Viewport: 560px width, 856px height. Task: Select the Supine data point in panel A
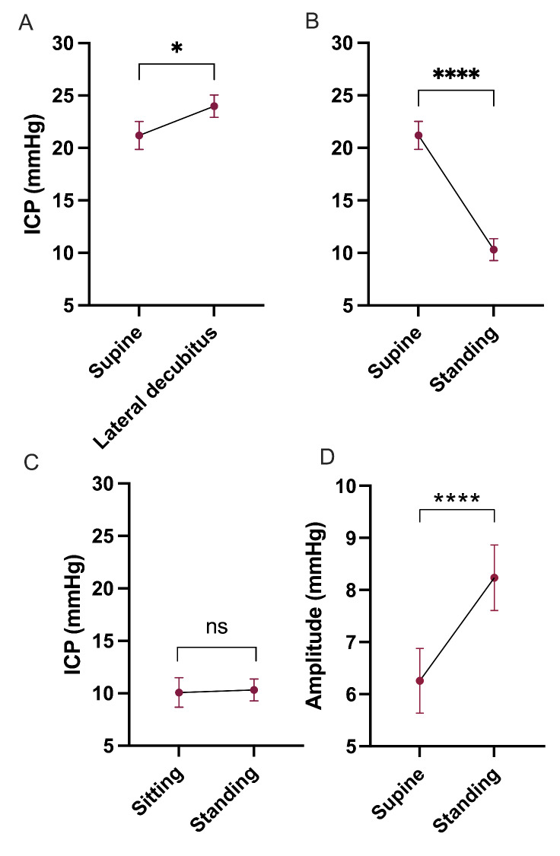139,135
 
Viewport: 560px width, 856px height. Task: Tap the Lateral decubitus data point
215,107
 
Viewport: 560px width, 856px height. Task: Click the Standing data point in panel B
494,250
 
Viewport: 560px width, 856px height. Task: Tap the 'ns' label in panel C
216,627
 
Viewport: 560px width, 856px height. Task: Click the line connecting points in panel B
457,193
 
